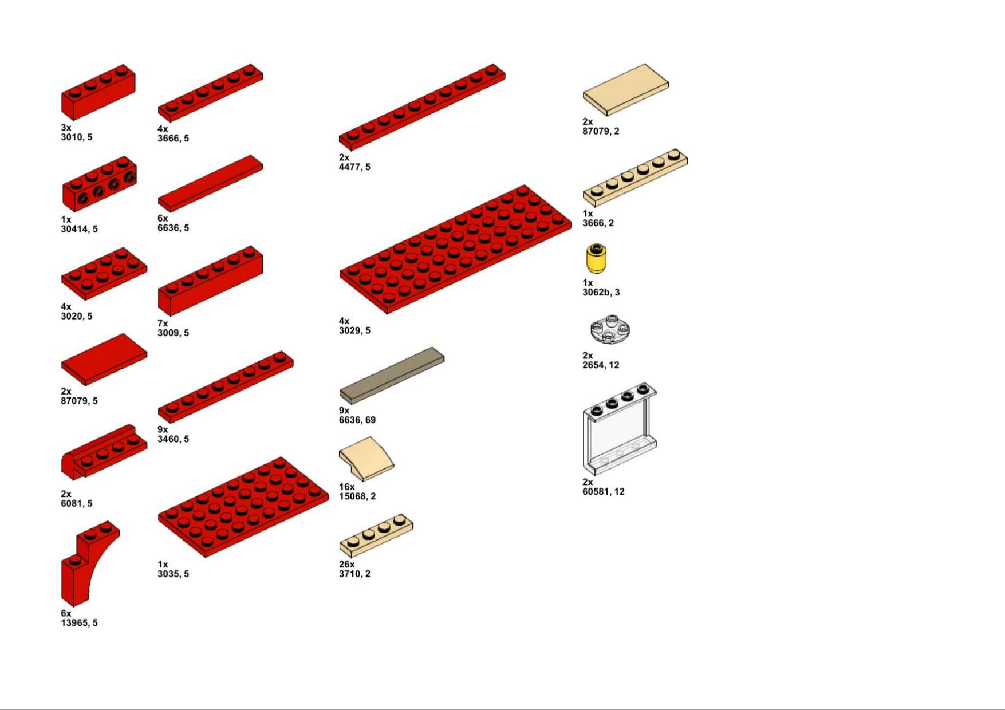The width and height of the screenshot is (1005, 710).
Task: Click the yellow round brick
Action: pyautogui.click(x=596, y=259)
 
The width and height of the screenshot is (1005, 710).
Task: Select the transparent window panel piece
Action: pyautogui.click(x=620, y=428)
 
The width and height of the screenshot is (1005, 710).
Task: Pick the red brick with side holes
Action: pyautogui.click(x=99, y=184)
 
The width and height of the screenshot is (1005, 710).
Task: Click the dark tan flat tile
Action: pyautogui.click(x=392, y=376)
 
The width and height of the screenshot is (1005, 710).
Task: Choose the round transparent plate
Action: pyautogui.click(x=610, y=329)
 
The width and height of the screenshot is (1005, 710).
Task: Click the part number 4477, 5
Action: pyautogui.click(x=354, y=167)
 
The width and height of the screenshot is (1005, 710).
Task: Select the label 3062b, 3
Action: pyautogui.click(x=601, y=293)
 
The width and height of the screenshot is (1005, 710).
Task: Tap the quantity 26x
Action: pyautogui.click(x=346, y=565)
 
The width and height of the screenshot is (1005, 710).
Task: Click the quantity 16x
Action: pyautogui.click(x=346, y=487)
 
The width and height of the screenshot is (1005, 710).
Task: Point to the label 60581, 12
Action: pyautogui.click(x=604, y=492)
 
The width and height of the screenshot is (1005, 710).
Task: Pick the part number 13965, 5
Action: pyautogui.click(x=79, y=623)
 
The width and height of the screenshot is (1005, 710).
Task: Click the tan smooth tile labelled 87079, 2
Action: pyautogui.click(x=625, y=89)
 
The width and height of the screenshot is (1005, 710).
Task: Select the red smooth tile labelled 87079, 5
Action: pyautogui.click(x=104, y=360)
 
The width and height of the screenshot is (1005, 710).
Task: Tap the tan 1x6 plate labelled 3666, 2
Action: pyautogui.click(x=635, y=178)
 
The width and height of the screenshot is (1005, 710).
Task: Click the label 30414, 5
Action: pyautogui.click(x=79, y=229)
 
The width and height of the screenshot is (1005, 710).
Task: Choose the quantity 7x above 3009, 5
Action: pyautogui.click(x=163, y=324)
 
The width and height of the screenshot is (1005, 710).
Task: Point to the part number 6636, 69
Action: pyautogui.click(x=357, y=420)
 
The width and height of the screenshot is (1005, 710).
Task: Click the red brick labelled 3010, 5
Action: pyautogui.click(x=98, y=92)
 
